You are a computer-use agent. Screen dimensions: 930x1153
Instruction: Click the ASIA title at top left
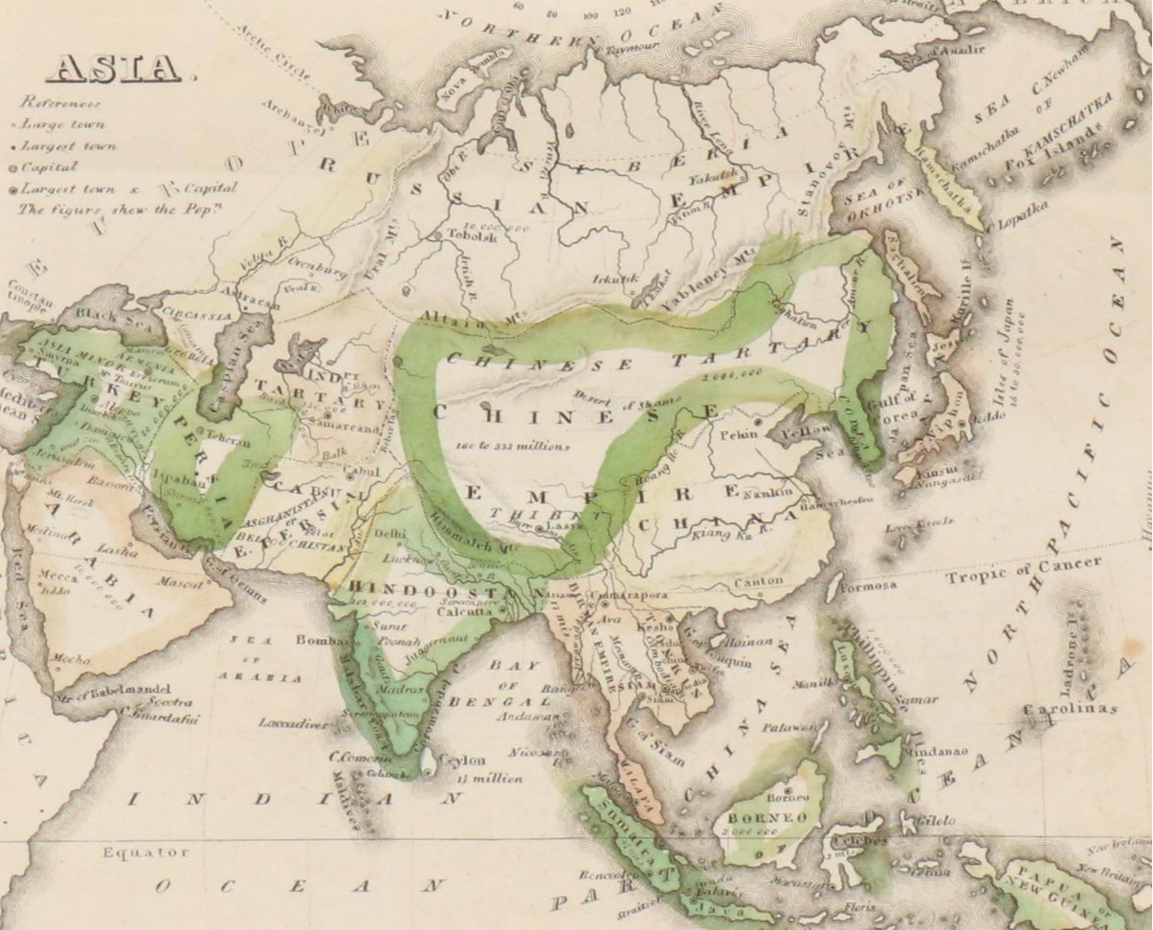(x=114, y=68)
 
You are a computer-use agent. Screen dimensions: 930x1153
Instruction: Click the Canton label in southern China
(x=758, y=581)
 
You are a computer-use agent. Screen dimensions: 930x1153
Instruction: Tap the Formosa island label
(x=870, y=586)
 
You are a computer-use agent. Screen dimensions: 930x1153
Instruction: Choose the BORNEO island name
(x=768, y=819)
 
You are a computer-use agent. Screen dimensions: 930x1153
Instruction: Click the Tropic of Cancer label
(x=1023, y=569)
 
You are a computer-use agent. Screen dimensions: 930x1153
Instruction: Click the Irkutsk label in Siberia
(x=614, y=278)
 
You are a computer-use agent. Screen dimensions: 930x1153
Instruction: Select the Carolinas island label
(x=1069, y=709)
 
